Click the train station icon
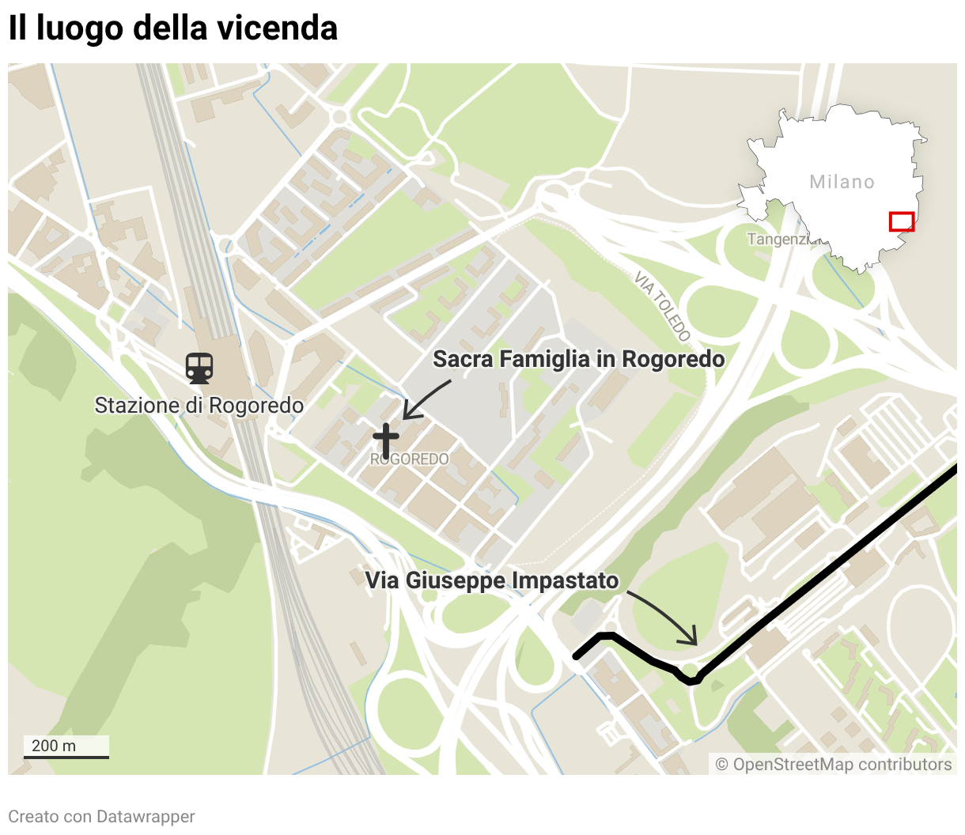pyautogui.click(x=199, y=368)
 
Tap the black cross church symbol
pyautogui.click(x=385, y=440)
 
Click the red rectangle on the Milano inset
pyautogui.click(x=902, y=221)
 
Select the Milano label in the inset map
pyautogui.click(x=842, y=182)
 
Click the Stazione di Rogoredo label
pyautogui.click(x=199, y=406)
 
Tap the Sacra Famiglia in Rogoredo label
pyautogui.click(x=578, y=359)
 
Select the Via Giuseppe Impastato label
pyautogui.click(x=491, y=580)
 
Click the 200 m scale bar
pyautogui.click(x=66, y=748)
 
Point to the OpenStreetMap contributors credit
pyautogui.click(x=834, y=764)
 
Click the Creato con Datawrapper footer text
pyautogui.click(x=101, y=816)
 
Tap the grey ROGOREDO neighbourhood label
pyautogui.click(x=410, y=459)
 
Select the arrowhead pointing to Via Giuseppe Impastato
pyautogui.click(x=693, y=639)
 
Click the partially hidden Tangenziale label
pyautogui.click(x=778, y=239)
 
